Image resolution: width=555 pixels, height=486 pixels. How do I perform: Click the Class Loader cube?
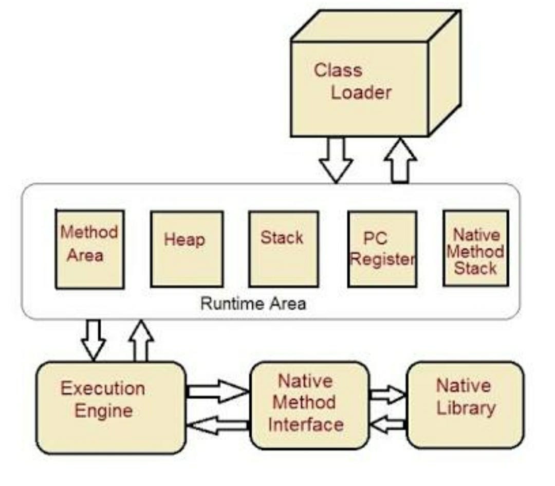point(360,87)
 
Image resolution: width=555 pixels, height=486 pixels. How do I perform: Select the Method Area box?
point(89,249)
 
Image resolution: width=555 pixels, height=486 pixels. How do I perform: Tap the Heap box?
point(187,249)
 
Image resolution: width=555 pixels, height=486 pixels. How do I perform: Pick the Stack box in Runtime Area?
point(283,249)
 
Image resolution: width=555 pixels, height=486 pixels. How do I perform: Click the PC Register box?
point(382,249)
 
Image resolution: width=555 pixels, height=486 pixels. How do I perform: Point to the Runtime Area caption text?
point(253,304)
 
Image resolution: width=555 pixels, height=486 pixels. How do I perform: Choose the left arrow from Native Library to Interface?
point(388,424)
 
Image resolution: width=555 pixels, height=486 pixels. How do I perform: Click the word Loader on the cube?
point(361,93)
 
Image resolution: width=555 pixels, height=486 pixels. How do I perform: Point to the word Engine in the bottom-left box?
point(103,411)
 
